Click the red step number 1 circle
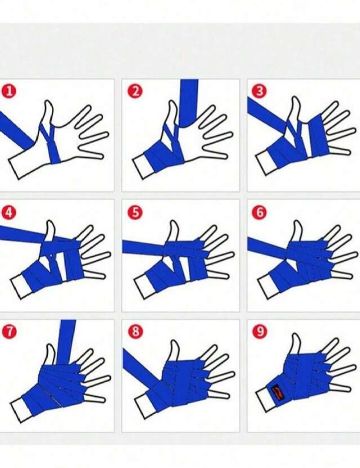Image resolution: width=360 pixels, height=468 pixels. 9,91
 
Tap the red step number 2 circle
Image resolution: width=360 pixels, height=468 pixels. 135,91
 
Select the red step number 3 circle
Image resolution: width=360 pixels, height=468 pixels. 259,91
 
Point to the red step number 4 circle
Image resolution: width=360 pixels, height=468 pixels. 9,212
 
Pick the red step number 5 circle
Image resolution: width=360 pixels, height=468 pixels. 135,212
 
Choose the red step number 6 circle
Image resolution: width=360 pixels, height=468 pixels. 259,212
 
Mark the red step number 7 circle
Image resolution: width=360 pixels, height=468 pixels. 9,331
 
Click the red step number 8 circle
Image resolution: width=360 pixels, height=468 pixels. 135,331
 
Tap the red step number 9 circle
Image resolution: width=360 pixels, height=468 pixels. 259,331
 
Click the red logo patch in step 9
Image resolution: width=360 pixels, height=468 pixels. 276,391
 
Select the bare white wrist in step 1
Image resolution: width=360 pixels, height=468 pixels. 23,164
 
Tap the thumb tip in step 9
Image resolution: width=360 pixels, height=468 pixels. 294,336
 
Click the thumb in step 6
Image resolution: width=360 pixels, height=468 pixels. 297,232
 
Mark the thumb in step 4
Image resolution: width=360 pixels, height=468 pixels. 50,231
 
